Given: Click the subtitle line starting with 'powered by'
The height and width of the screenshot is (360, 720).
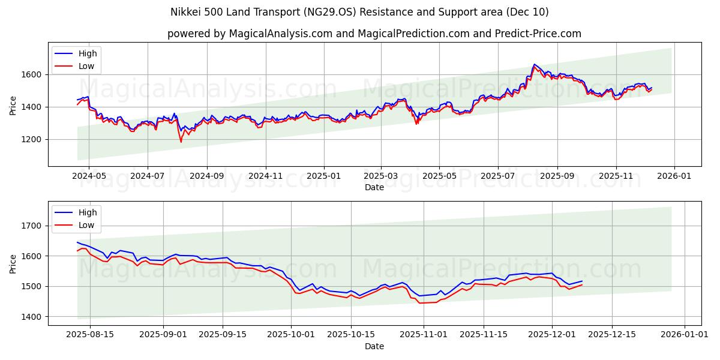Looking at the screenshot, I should (x=374, y=34).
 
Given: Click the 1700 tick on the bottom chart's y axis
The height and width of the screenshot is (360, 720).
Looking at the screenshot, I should (x=33, y=226).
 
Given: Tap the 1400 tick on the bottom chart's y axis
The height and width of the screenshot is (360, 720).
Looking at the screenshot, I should (x=33, y=317).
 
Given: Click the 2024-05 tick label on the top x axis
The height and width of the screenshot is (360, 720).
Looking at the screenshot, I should (x=89, y=176).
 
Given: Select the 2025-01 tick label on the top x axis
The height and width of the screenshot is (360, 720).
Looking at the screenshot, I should (x=324, y=176).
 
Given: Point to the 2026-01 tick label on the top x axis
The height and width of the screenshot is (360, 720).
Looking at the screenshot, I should (x=674, y=176).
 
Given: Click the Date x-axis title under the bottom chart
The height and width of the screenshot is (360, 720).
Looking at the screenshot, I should (x=374, y=346).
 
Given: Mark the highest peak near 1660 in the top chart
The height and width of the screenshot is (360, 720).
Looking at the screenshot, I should (x=534, y=64).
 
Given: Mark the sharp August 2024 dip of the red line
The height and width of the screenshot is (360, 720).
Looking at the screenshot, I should (x=181, y=142).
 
